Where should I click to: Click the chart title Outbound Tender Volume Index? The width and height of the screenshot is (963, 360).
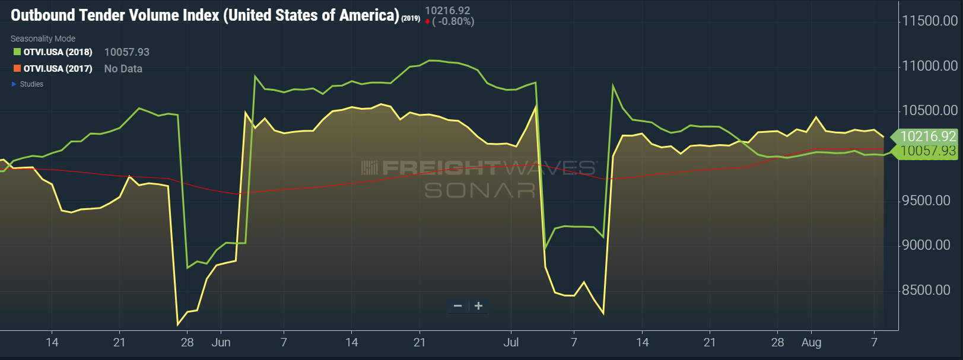(205, 15)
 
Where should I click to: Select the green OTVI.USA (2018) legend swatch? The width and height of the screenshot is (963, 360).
(17, 52)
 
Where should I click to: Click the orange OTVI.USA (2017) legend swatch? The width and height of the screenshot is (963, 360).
(17, 69)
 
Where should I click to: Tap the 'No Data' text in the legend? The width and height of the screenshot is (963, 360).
(123, 69)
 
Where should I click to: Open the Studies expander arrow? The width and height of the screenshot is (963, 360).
(14, 84)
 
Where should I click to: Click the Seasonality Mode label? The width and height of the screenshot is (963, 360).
(43, 39)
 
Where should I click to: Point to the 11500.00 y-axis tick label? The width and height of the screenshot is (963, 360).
(929, 21)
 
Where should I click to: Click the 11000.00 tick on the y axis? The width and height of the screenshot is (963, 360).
(929, 66)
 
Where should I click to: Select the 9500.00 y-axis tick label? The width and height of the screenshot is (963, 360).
(926, 200)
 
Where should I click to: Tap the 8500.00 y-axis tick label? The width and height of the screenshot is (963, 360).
(926, 290)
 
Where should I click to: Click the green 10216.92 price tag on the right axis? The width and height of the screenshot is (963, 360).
(927, 136)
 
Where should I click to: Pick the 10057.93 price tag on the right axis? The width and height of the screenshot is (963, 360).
(927, 151)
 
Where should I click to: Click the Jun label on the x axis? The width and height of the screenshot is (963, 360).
(221, 342)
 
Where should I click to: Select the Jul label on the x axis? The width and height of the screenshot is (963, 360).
(511, 342)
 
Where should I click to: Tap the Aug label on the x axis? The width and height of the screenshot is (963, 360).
(811, 342)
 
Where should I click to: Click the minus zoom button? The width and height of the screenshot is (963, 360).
(457, 306)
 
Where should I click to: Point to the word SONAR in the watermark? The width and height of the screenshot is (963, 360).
(479, 190)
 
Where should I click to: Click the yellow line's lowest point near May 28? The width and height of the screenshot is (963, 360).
(178, 324)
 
